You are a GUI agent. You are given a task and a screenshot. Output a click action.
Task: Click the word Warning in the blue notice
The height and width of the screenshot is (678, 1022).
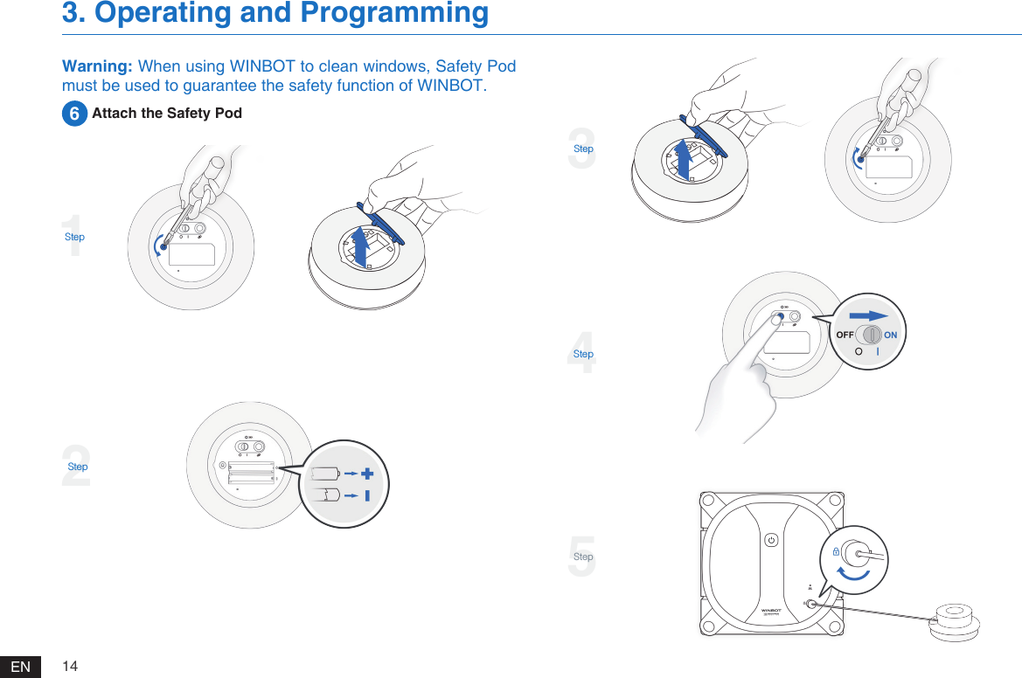(96, 67)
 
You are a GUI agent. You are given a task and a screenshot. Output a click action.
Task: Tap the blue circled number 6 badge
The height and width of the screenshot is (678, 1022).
(74, 114)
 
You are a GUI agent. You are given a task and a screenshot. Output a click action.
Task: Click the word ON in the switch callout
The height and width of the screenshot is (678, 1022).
(890, 336)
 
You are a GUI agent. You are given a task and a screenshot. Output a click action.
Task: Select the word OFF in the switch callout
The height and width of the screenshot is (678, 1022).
(845, 336)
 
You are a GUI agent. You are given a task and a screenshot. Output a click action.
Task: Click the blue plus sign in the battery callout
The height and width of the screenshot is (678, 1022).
(366, 474)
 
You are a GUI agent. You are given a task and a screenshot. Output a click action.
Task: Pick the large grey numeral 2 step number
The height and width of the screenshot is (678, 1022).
(77, 466)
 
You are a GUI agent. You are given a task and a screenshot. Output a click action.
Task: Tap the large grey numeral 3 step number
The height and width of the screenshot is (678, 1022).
(582, 148)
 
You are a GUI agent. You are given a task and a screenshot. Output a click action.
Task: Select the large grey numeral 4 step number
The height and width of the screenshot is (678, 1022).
(582, 353)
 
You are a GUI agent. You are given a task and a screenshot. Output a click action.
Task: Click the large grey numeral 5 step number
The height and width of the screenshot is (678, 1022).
(582, 557)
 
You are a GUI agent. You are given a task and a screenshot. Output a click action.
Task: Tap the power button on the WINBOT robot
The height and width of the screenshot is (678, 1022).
(770, 540)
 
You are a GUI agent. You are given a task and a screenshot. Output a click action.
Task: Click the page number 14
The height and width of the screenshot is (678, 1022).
(70, 667)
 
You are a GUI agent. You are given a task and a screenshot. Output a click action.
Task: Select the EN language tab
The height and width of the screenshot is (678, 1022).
(21, 668)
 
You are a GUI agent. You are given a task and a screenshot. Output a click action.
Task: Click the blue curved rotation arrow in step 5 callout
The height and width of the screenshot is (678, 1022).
(853, 573)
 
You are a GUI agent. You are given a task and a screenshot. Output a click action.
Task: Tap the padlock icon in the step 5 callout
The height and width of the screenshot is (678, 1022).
(836, 552)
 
